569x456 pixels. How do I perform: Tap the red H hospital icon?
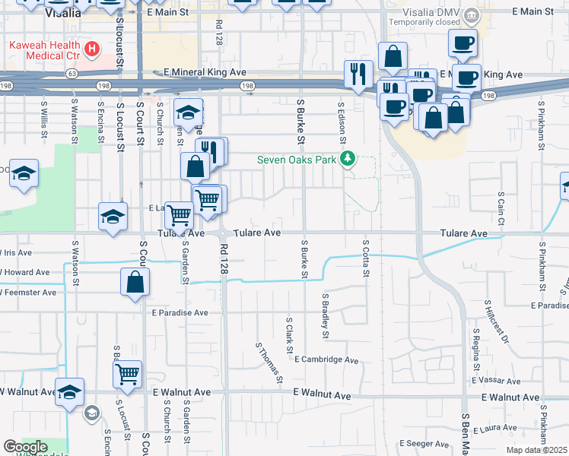[x=93, y=50]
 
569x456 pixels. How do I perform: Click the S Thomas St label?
[x=269, y=363]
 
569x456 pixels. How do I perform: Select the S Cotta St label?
[x=366, y=257]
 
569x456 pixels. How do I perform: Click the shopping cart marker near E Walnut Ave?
[x=128, y=374]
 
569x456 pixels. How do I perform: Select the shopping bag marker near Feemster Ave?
[x=135, y=282]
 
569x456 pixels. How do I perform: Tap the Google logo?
[x=25, y=447]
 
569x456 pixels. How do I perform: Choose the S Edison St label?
[x=343, y=123]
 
